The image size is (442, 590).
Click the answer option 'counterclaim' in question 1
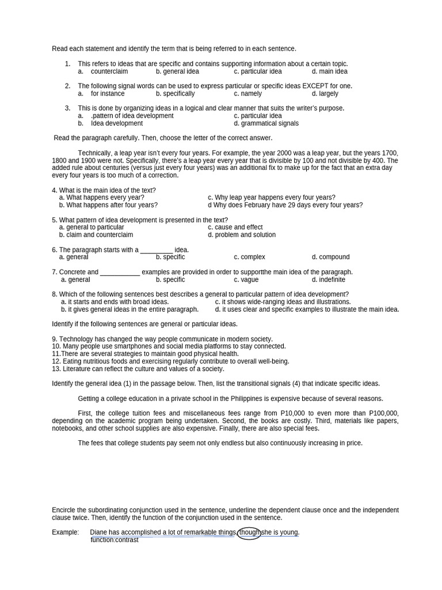109,71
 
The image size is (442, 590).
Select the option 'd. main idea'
330,71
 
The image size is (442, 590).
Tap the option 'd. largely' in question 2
325,93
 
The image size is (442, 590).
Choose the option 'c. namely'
248,93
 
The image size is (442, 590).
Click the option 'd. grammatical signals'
266,123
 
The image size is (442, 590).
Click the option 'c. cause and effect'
235,228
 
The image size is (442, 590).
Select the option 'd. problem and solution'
242,235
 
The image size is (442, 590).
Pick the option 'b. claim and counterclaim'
96,235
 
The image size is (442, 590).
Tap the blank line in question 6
157,250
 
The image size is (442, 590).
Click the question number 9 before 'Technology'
54,339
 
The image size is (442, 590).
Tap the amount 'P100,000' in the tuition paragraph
383,414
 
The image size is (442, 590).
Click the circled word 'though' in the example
250,532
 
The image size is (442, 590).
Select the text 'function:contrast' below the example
115,540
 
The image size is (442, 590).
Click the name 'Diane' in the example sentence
99,532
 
